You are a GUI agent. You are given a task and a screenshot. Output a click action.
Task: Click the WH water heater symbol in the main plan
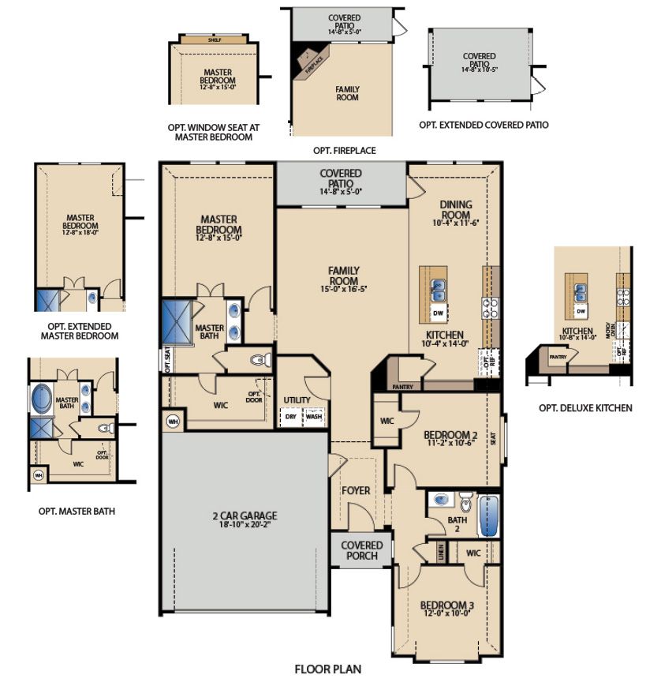click(173, 421)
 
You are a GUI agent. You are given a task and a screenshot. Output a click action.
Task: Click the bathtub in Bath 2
click(490, 515)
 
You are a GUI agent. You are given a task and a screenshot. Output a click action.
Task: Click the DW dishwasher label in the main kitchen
click(437, 313)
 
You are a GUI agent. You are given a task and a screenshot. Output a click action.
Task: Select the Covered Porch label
click(362, 550)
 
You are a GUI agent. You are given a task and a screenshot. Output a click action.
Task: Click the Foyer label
click(356, 490)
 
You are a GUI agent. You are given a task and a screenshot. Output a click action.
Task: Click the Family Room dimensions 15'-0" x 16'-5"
click(343, 290)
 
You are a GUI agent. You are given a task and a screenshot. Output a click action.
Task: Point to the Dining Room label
click(455, 209)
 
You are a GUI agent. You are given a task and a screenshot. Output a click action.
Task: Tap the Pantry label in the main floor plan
click(402, 387)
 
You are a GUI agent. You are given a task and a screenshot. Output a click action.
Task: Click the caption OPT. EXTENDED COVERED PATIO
click(484, 125)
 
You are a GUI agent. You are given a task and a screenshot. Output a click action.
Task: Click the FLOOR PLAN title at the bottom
click(327, 669)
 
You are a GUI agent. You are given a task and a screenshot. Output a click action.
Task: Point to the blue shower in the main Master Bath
click(177, 321)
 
